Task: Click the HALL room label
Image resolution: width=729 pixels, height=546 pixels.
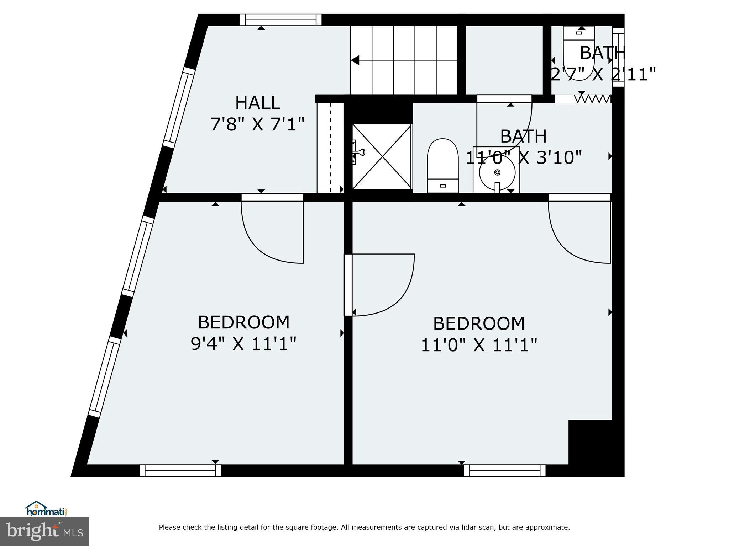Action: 258,103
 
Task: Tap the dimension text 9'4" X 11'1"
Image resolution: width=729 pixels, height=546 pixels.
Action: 243,344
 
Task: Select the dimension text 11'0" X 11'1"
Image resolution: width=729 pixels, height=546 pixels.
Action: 479,345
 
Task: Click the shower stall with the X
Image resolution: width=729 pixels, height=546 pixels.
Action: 382,156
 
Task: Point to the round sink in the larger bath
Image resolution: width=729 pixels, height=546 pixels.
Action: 497,172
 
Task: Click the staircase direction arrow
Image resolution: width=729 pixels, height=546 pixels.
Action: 355,60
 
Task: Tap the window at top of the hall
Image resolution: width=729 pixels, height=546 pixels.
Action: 281,20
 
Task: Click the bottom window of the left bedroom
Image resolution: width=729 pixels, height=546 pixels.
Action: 180,470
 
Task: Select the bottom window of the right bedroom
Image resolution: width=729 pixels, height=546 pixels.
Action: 505,470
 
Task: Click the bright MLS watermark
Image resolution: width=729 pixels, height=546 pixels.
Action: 44,531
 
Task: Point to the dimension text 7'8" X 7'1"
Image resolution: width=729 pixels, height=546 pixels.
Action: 258,124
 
